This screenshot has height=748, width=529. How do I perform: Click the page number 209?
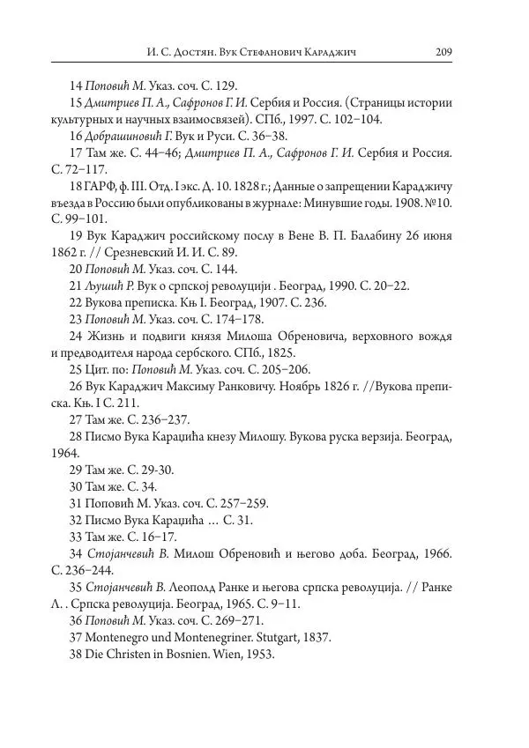click(x=443, y=53)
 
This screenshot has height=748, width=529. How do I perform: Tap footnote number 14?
click(x=75, y=86)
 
